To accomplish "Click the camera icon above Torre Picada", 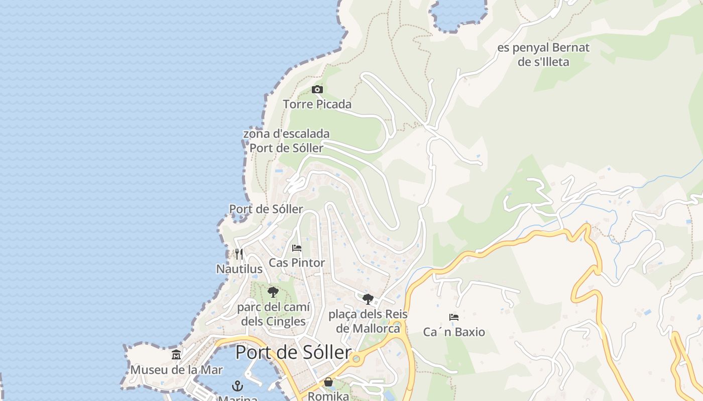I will [x=317, y=90].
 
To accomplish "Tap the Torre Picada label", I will [x=317, y=104].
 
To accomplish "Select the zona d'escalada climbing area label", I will [x=286, y=141].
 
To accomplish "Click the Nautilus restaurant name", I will [x=239, y=269].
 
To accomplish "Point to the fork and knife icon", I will [x=239, y=254].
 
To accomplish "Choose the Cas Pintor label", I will [x=297, y=263].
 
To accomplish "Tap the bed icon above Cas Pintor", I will [x=297, y=248].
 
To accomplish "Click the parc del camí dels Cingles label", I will [x=273, y=314].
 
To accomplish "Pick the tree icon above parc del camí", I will [x=273, y=292].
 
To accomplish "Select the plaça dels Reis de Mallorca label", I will [x=368, y=321].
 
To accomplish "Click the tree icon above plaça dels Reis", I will [x=368, y=299].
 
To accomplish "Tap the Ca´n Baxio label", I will [x=454, y=332].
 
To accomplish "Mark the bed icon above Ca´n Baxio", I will [x=454, y=317].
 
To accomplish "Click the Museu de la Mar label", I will [x=176, y=370].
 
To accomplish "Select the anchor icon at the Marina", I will [x=238, y=386].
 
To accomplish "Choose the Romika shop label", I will [x=328, y=396].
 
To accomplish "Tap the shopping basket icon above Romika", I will [x=328, y=382].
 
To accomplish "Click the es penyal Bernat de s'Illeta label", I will [x=543, y=55].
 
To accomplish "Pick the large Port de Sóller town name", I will [x=293, y=352].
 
